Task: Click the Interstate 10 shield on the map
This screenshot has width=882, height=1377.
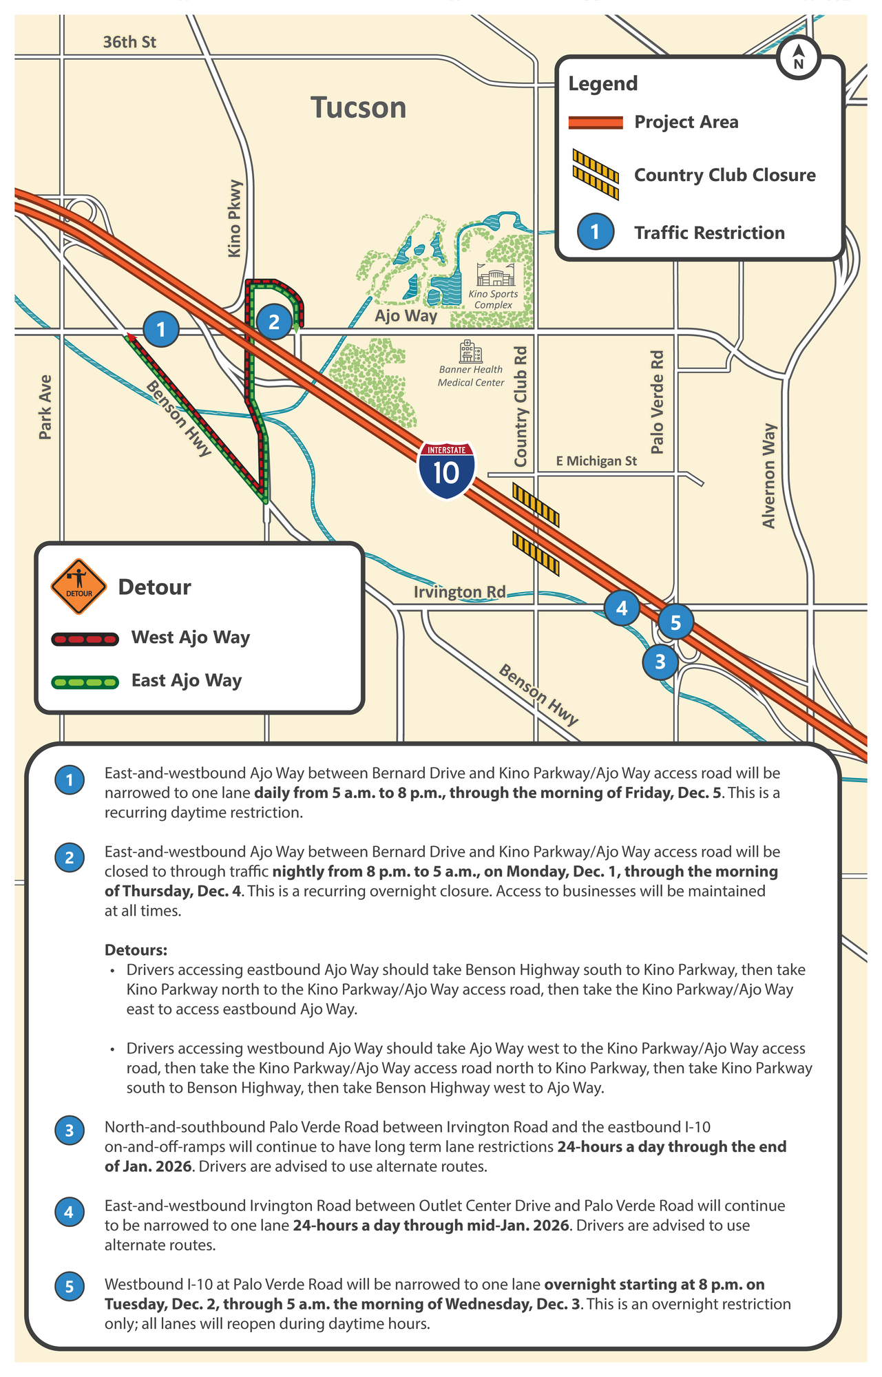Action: [446, 470]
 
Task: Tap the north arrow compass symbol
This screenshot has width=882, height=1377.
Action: [799, 58]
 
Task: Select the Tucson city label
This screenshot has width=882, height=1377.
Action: [358, 108]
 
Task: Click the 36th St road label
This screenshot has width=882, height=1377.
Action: [129, 43]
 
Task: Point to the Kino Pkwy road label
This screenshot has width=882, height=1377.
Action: [235, 219]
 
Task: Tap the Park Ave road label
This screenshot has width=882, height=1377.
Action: [45, 407]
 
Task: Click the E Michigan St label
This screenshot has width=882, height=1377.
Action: [596, 461]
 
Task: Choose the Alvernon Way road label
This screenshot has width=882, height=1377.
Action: [769, 476]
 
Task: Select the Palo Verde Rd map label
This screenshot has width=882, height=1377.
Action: [658, 402]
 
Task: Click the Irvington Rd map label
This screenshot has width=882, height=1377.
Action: [459, 592]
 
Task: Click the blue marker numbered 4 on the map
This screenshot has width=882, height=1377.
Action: [622, 608]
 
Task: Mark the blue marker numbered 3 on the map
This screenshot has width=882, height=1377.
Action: [660, 662]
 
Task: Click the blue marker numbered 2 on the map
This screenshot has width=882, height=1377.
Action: [274, 322]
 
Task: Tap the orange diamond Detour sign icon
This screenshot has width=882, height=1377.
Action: [78, 587]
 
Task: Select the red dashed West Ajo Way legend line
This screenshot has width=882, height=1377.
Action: [85, 639]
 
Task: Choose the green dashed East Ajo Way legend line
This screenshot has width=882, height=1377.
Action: [85, 682]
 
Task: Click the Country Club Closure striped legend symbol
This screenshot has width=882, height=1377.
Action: [596, 175]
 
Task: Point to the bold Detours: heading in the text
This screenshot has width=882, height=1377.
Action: [136, 950]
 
